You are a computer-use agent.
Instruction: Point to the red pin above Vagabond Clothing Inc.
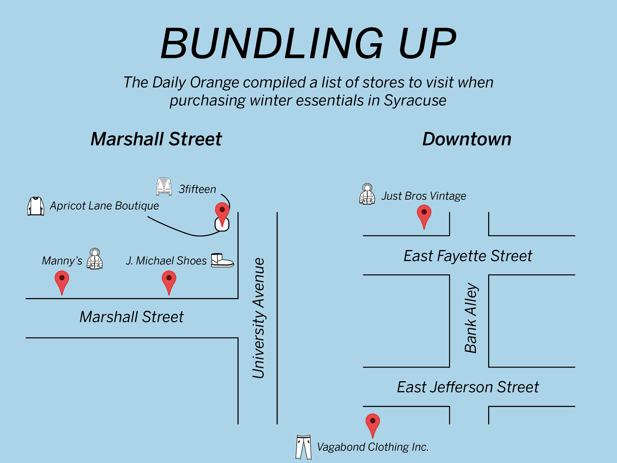pyautogui.click(x=373, y=424)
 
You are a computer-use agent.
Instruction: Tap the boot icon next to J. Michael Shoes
pyautogui.click(x=222, y=260)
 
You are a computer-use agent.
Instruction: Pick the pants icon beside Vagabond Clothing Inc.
pyautogui.click(x=303, y=447)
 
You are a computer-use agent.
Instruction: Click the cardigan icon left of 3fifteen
pyautogui.click(x=164, y=186)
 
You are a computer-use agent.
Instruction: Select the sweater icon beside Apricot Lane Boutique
pyautogui.click(x=36, y=206)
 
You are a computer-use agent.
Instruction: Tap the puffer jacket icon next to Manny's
pyautogui.click(x=95, y=259)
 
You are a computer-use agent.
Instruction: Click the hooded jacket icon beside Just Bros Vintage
pyautogui.click(x=367, y=194)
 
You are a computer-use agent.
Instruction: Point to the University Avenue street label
pyautogui.click(x=259, y=318)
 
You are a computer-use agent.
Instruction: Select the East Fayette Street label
pyautogui.click(x=468, y=256)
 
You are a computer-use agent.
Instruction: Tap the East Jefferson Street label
pyautogui.click(x=468, y=387)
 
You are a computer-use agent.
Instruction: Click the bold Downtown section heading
pyautogui.click(x=467, y=139)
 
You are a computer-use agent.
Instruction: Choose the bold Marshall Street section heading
pyautogui.click(x=156, y=139)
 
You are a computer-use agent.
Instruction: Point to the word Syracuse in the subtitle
pyautogui.click(x=415, y=101)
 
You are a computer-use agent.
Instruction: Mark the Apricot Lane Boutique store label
pyautogui.click(x=104, y=206)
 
